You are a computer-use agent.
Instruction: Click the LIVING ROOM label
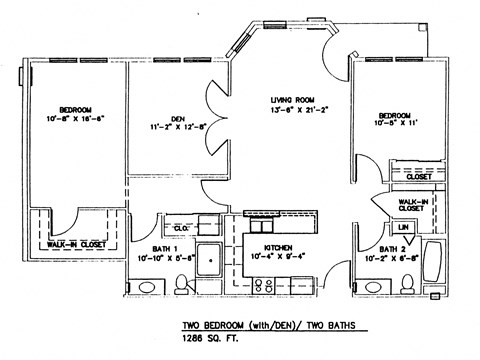point(294,100)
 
